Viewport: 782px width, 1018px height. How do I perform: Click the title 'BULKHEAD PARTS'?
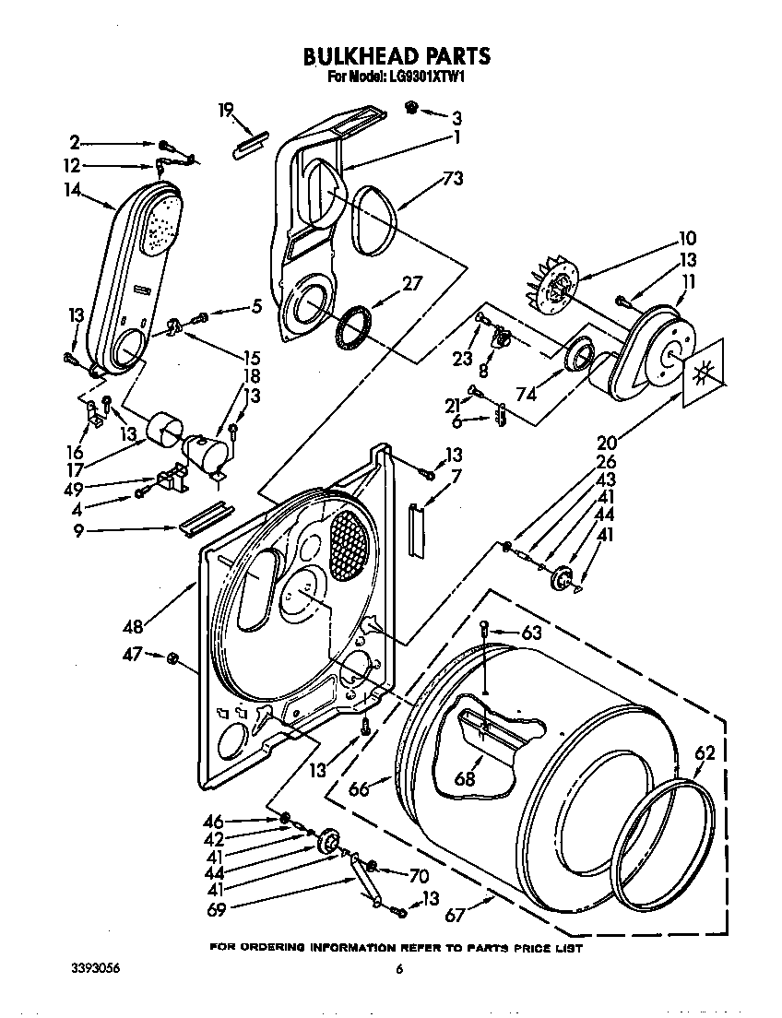[397, 56]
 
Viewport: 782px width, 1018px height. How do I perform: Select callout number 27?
[411, 284]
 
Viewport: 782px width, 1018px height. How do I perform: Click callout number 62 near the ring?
[704, 753]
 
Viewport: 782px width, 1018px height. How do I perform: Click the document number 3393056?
[96, 969]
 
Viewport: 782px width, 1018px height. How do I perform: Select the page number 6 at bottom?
[399, 969]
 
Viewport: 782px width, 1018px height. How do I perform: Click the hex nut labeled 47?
[172, 657]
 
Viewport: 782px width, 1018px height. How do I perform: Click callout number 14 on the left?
[73, 190]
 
